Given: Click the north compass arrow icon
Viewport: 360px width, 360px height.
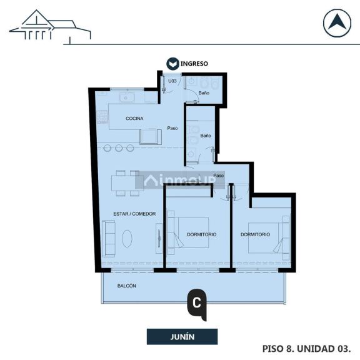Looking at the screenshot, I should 337,24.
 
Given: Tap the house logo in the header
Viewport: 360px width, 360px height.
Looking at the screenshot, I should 50,27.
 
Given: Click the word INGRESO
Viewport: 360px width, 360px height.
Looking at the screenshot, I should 194,64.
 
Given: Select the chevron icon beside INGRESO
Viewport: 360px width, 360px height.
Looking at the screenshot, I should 172,64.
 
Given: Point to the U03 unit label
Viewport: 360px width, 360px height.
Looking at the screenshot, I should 172,81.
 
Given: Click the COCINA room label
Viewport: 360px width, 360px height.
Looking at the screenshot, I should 134,119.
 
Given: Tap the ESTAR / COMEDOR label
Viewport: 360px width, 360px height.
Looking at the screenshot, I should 134,214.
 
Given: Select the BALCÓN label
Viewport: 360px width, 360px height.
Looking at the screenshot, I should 127,286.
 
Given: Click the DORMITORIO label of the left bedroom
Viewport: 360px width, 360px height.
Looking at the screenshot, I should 201,235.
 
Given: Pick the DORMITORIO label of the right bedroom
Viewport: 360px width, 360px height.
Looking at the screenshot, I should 255,235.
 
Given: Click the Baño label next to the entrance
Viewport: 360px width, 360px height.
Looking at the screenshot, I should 204,93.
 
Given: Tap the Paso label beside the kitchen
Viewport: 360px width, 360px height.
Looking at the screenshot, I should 172,129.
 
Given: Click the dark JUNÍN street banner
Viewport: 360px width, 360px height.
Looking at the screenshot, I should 182,337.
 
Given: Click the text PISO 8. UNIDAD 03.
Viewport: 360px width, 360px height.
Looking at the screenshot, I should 306,347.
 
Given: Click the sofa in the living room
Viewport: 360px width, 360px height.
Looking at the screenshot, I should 109,238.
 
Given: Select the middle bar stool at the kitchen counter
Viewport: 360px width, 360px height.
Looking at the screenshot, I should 119,148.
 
